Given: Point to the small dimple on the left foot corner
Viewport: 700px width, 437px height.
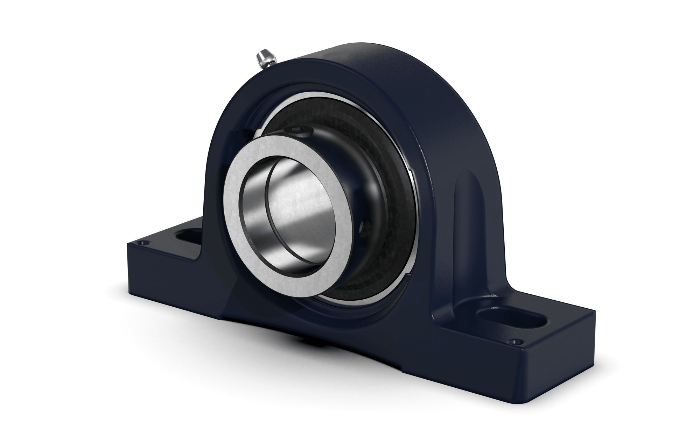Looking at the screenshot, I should (141, 242).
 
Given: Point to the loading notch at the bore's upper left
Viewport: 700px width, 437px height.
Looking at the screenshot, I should (245, 132).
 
